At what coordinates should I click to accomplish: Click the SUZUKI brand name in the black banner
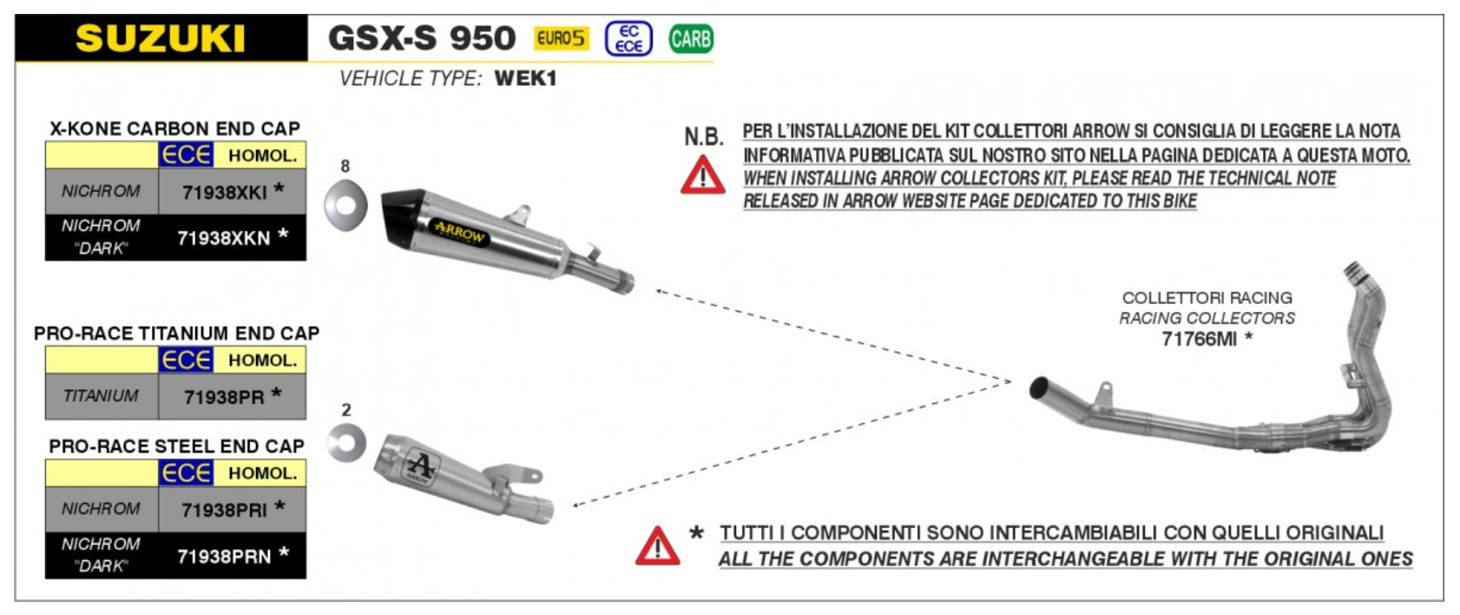click(161, 39)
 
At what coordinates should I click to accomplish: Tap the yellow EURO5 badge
click(561, 38)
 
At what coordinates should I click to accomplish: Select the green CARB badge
click(691, 39)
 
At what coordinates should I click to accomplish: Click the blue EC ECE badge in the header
click(628, 39)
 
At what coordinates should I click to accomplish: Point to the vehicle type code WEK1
click(525, 78)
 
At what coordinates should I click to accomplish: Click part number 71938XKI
click(225, 192)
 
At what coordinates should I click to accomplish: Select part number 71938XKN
click(224, 238)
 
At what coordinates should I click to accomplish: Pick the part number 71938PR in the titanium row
click(224, 397)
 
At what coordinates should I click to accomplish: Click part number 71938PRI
click(225, 510)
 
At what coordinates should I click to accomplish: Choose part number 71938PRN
click(224, 556)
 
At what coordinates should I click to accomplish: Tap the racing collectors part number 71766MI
click(1199, 339)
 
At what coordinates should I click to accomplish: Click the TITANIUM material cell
click(101, 396)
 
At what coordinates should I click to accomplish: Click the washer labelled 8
click(345, 206)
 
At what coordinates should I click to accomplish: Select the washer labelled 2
click(346, 443)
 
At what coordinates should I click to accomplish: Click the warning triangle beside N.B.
click(702, 175)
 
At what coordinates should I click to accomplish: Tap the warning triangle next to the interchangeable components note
click(657, 546)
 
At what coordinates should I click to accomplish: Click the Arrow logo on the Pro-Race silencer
click(421, 466)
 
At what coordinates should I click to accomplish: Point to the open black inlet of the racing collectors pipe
click(1037, 387)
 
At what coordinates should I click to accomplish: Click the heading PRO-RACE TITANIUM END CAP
click(176, 334)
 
